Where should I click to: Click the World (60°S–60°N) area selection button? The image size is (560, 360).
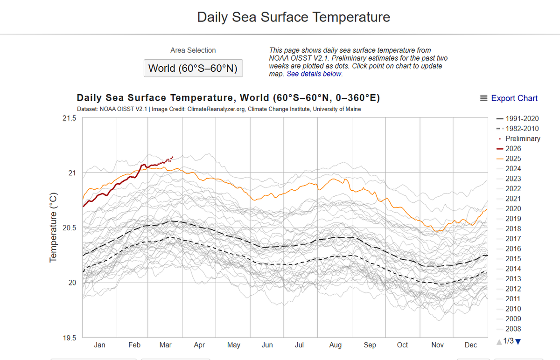point(193,68)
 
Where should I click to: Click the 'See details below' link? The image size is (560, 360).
point(314,74)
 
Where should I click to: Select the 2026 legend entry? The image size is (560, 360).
point(513,149)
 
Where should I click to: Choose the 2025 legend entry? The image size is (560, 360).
point(513,159)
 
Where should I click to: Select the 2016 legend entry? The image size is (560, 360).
point(513,249)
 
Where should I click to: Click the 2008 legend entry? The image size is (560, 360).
point(513,329)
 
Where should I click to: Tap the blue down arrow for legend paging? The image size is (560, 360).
point(518,342)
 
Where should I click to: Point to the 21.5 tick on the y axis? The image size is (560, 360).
point(69,118)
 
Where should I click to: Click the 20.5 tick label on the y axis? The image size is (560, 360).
point(69,228)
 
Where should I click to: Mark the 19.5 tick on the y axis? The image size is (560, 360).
point(69,338)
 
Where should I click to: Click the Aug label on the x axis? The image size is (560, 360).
point(335,345)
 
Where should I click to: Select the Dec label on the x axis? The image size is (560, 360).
point(471,345)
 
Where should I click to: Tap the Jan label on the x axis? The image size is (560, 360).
point(99,345)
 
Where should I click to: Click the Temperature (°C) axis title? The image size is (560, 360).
point(53,228)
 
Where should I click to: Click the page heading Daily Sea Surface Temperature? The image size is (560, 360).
point(294,17)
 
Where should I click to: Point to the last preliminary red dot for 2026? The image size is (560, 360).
point(173,157)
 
